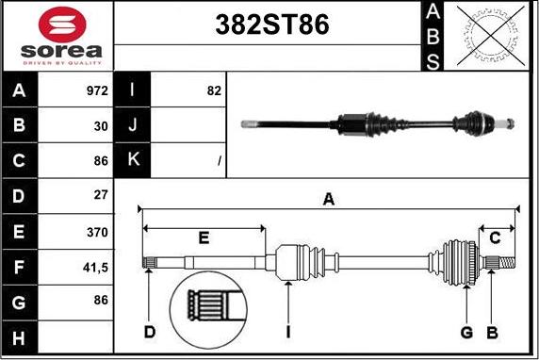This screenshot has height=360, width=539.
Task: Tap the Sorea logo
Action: [x=57, y=36]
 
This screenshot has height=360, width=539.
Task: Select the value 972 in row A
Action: [x=96, y=91]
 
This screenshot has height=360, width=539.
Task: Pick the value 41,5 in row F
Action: [x=95, y=268]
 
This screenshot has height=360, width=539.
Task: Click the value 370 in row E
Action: [x=97, y=232]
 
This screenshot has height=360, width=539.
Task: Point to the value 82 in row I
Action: [x=213, y=91]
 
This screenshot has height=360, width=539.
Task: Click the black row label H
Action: [x=20, y=337]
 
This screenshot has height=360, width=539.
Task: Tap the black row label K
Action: [x=133, y=160]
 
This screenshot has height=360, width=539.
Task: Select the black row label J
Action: [x=133, y=125]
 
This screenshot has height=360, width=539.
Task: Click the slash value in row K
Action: [x=219, y=161]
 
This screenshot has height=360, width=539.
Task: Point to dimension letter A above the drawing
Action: [x=329, y=198]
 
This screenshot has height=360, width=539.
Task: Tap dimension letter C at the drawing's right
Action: [x=494, y=237]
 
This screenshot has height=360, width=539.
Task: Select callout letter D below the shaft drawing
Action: [x=149, y=332]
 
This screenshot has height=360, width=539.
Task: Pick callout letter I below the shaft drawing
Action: [x=287, y=332]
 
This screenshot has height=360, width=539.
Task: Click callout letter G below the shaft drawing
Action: [x=466, y=332]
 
